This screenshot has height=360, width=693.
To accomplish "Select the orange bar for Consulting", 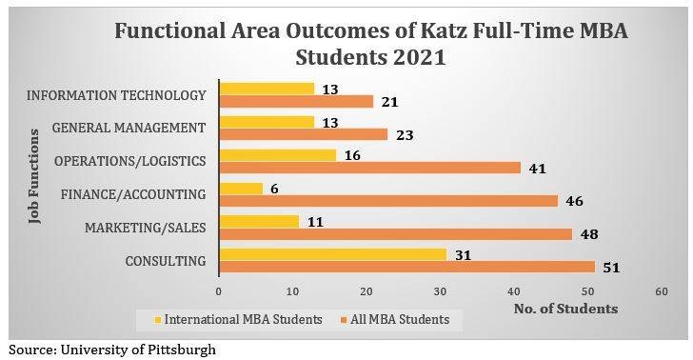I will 406,267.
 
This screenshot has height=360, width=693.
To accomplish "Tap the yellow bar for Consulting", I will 333,253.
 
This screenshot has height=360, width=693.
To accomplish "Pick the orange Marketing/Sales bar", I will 396,233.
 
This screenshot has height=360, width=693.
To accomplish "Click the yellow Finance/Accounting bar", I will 241,189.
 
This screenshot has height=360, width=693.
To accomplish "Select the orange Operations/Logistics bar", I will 370,168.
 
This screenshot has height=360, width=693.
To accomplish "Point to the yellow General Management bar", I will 267,122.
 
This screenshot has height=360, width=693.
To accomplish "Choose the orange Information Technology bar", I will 296,102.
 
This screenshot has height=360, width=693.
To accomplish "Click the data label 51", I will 611,268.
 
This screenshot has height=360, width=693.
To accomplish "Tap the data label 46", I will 574,201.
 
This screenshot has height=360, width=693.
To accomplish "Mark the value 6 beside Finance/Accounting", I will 275,189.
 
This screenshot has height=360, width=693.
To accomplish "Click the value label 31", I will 465,253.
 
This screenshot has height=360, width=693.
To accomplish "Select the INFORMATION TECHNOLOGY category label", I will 116,95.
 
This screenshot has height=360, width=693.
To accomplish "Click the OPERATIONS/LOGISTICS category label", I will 129,161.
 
